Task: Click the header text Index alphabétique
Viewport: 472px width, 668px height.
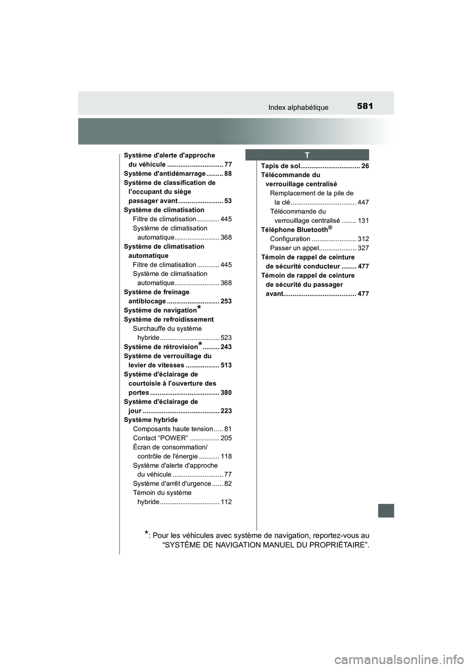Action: [298, 107]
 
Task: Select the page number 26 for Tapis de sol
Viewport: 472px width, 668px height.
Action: [365, 166]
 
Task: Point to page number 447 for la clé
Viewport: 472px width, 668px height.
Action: [363, 203]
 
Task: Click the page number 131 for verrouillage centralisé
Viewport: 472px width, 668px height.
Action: [363, 221]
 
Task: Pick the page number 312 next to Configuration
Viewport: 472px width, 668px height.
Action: [363, 239]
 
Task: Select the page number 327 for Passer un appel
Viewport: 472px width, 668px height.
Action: [363, 248]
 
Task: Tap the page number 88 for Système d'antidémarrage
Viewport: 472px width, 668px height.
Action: [228, 174]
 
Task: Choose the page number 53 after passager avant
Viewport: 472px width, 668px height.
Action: [228, 201]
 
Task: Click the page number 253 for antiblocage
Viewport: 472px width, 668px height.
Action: [226, 302]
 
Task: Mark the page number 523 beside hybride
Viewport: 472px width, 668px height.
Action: [226, 338]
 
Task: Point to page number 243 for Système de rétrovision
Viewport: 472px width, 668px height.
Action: [226, 347]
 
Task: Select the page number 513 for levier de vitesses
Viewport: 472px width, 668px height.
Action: [226, 365]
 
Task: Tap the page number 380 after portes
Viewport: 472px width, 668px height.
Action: [226, 393]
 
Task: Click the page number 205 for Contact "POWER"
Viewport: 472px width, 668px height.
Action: [226, 438]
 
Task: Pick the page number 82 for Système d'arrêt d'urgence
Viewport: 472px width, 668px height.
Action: [228, 484]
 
